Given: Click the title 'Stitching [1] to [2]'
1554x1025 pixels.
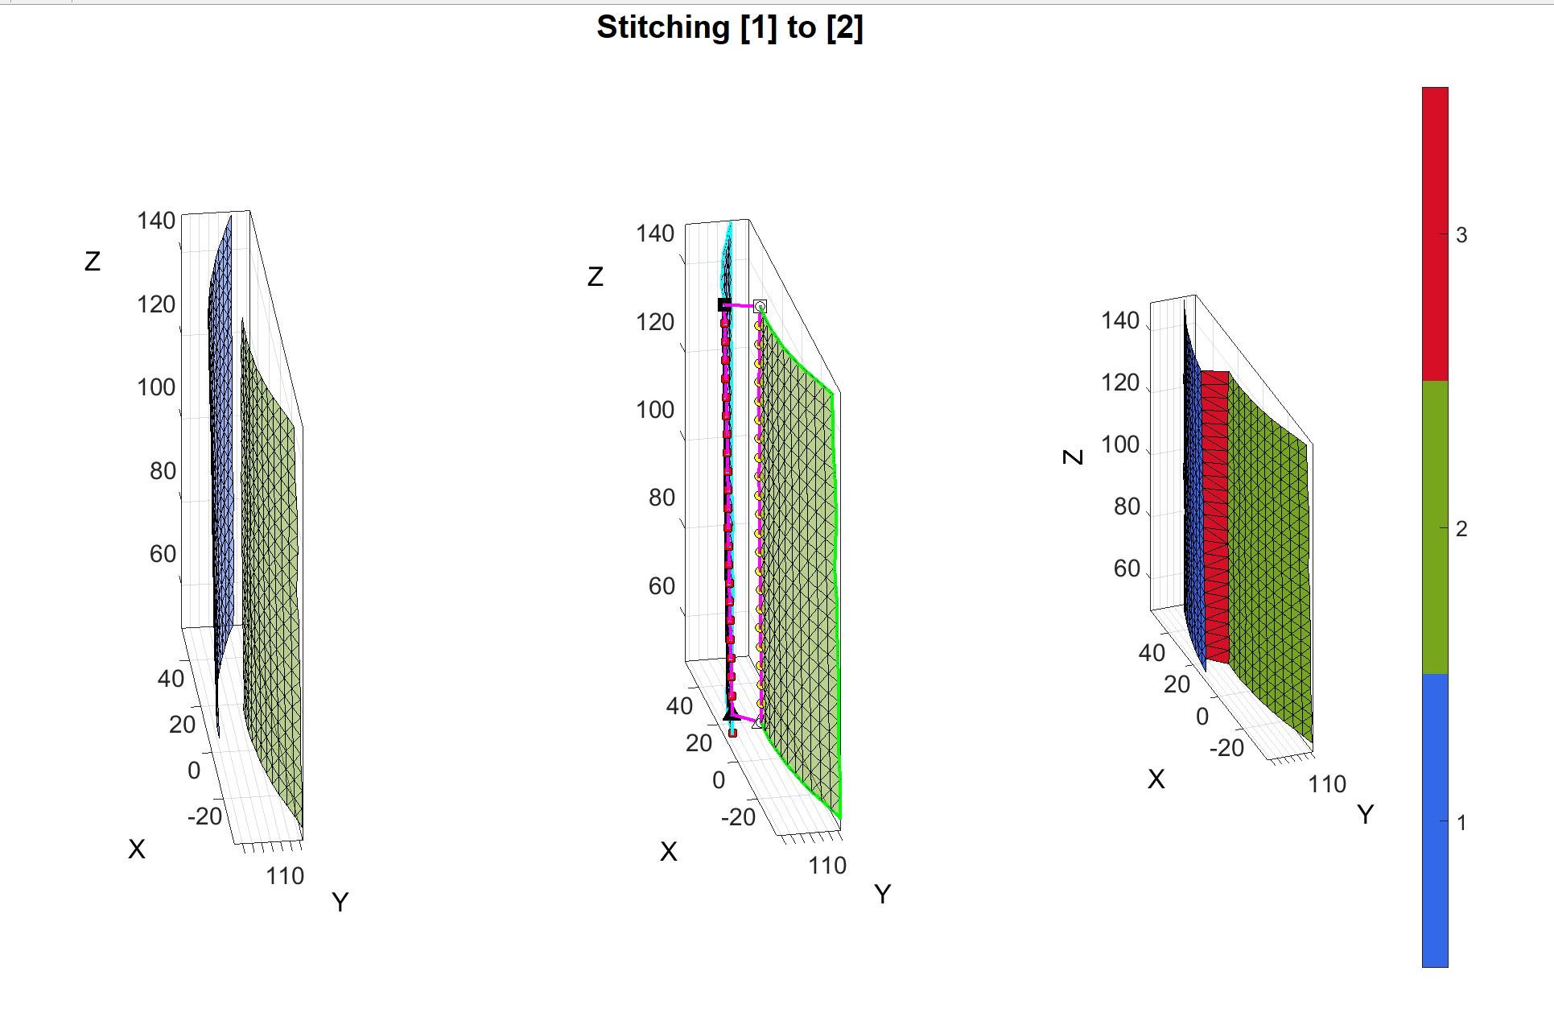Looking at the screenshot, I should click(729, 27).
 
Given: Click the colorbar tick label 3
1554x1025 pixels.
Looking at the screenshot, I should click(1461, 235).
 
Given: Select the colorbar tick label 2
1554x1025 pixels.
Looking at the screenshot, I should click(1461, 529).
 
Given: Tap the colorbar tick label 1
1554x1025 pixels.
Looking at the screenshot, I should click(1461, 823).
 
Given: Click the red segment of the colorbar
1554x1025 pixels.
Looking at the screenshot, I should click(1435, 234).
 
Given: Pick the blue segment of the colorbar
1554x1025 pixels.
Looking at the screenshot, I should click(1435, 821).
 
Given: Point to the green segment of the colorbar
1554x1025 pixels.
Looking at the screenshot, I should click(1435, 527).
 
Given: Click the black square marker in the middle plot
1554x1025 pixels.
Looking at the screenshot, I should click(724, 304).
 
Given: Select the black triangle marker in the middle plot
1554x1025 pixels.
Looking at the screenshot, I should click(730, 714).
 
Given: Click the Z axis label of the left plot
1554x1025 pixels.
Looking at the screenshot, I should click(93, 261).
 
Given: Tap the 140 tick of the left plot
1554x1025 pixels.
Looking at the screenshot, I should click(156, 221).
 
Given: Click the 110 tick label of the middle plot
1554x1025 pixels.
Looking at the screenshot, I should click(827, 866).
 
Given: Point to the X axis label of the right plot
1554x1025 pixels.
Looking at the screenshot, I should click(1156, 779).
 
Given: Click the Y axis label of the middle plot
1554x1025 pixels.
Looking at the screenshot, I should click(882, 894).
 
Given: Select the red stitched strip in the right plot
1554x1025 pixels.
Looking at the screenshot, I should click(1216, 515).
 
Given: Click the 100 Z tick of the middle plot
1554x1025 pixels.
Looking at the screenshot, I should click(655, 410).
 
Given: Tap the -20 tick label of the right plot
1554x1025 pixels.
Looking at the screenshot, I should click(1226, 748).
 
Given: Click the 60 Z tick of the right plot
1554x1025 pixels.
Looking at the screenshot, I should click(1127, 568).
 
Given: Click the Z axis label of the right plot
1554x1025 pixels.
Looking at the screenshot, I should click(1073, 457).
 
